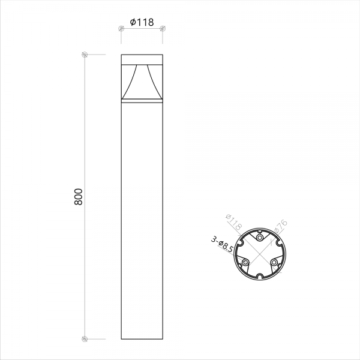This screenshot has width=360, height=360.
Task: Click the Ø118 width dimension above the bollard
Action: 142,23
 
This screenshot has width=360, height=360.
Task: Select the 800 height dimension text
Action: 78,197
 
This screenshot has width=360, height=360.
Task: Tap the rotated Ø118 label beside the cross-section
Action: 234,222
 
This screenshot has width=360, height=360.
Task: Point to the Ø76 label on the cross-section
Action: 281,226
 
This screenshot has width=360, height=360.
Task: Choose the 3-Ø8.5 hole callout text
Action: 222,245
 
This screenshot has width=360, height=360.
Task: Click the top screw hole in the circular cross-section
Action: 260,238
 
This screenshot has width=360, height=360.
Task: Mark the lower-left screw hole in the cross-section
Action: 245,262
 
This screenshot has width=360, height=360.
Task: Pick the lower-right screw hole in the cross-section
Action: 274,262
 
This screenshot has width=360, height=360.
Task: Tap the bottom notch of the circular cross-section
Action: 260,276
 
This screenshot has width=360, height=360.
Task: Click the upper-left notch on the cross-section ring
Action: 240,242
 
